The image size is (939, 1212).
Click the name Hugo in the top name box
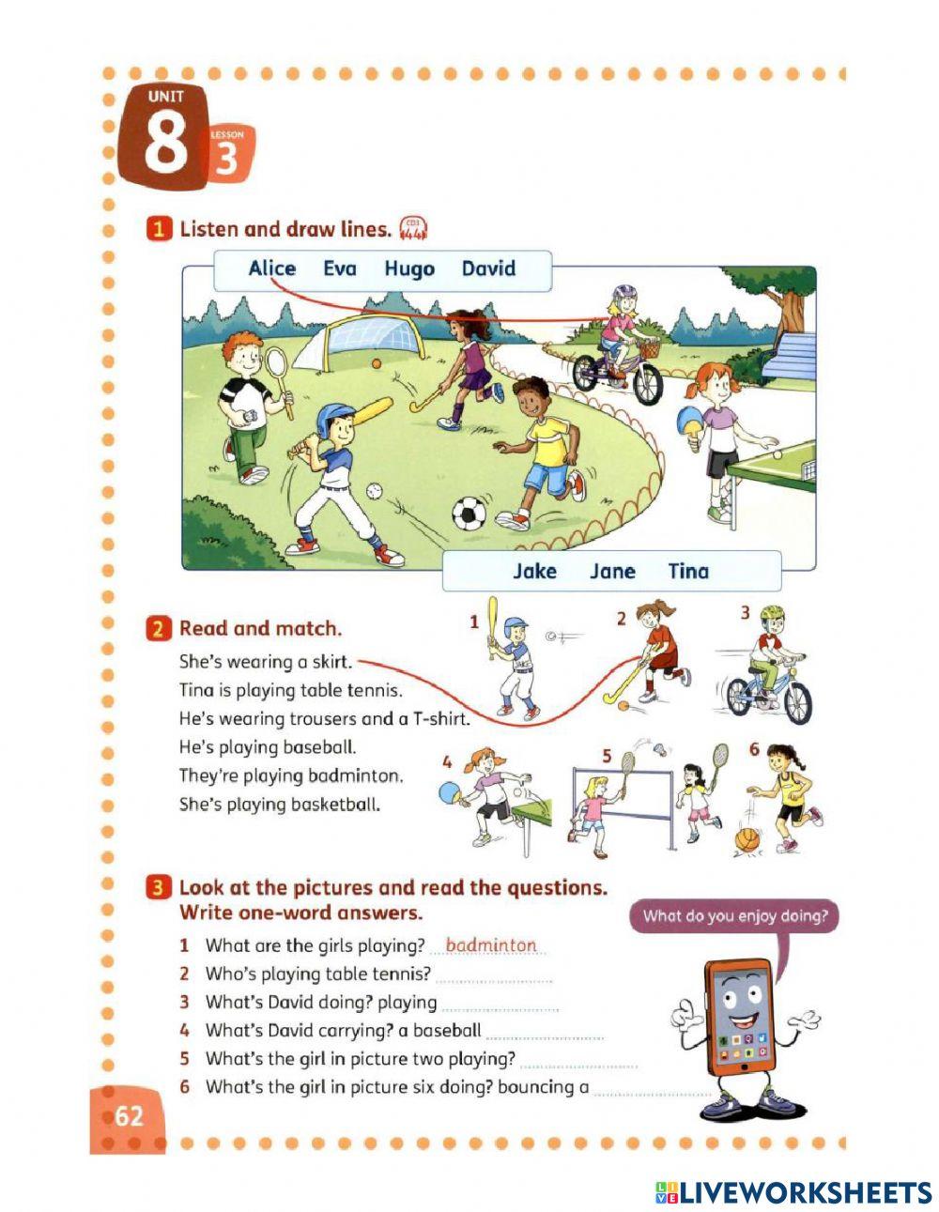tap(409, 269)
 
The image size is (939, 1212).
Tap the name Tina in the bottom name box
tap(688, 572)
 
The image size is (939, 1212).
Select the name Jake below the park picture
tap(534, 572)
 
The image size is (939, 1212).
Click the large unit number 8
tap(167, 144)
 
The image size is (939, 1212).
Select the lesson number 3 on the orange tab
tap(227, 161)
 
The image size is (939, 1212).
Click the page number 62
tap(129, 1115)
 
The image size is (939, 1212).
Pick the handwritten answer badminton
tap(490, 945)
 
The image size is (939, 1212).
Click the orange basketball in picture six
tap(747, 839)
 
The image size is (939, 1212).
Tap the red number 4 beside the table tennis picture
tap(447, 761)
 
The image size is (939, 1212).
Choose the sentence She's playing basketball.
tap(279, 805)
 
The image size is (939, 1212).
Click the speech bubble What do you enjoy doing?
tap(735, 916)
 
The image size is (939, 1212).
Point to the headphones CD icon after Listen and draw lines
tap(412, 228)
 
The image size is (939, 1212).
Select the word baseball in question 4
tap(447, 1031)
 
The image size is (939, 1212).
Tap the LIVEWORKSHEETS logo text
tap(805, 1192)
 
